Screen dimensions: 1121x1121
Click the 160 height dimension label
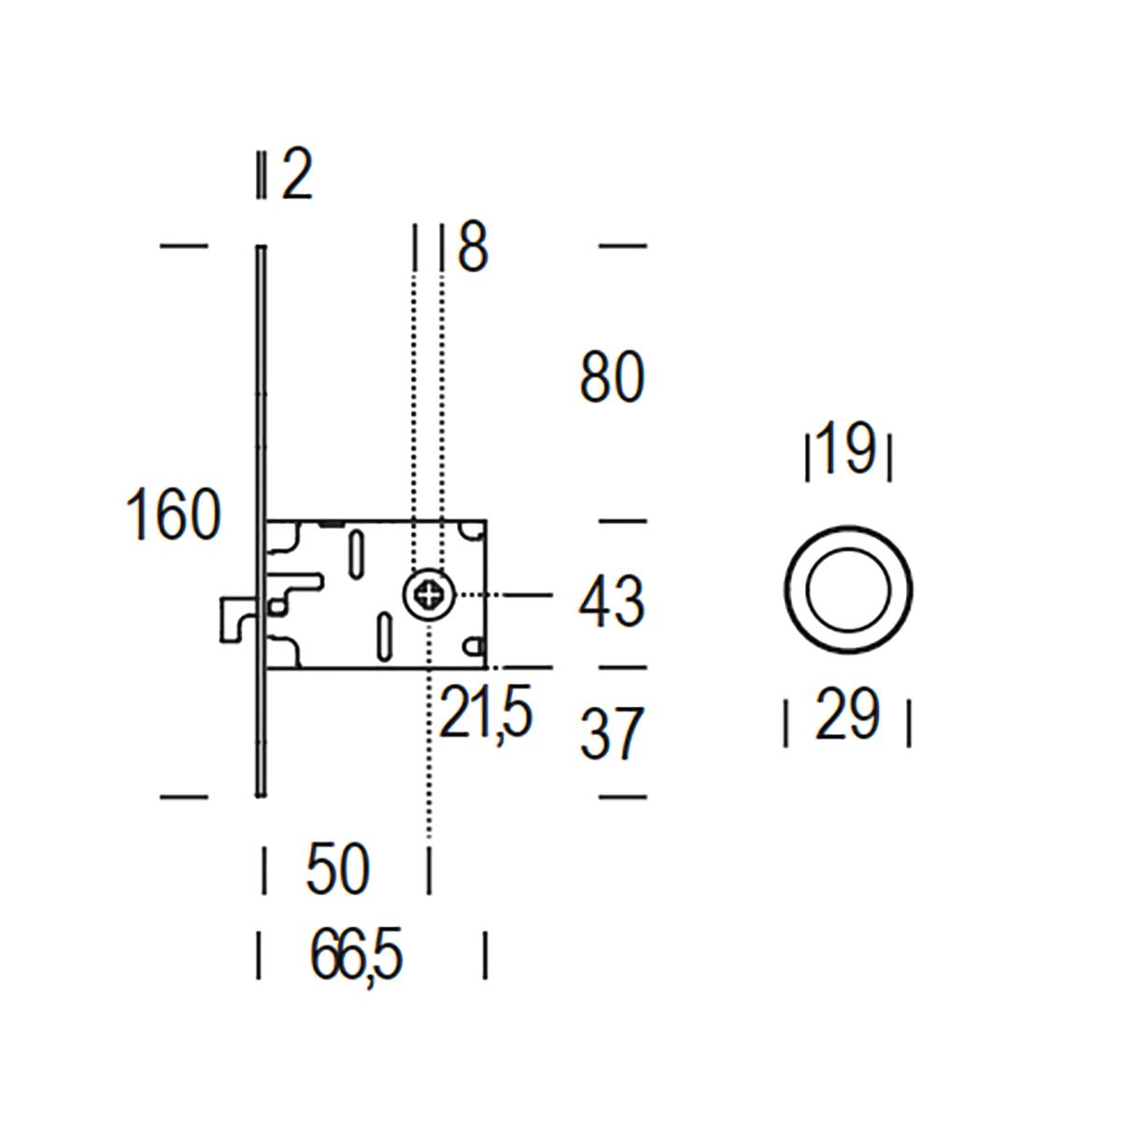click(174, 514)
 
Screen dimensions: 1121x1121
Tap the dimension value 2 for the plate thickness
click(297, 175)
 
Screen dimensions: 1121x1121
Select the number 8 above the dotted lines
click(473, 247)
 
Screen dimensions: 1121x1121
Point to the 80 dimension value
click(612, 376)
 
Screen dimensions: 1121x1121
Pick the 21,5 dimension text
click(486, 715)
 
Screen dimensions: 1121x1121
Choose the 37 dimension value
click(612, 733)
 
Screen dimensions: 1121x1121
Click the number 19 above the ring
click(848, 448)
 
